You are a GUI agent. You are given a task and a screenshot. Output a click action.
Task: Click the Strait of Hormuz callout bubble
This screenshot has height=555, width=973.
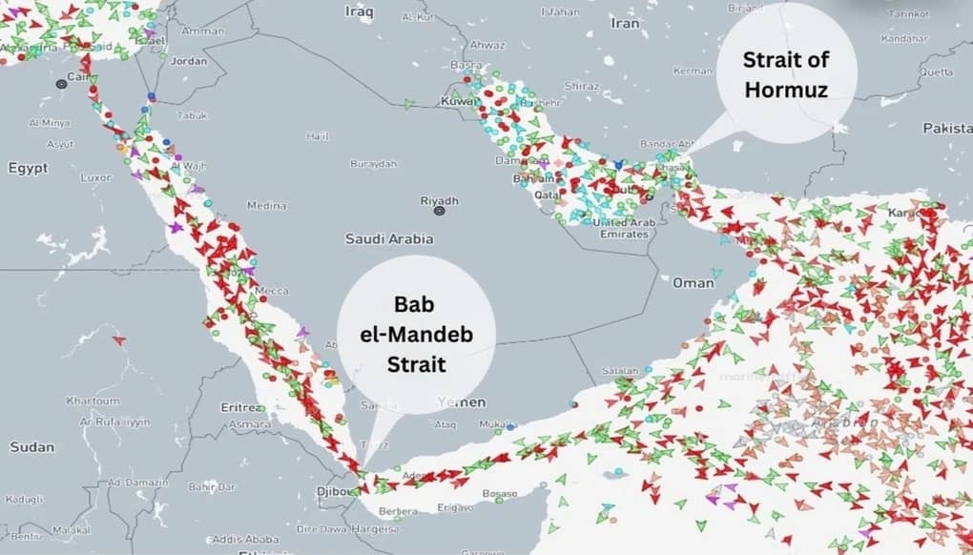coord(786,72)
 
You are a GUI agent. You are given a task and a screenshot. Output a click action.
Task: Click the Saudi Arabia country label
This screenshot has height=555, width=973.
coord(389,239)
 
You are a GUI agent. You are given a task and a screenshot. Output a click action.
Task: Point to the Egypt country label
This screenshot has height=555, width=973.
coord(28,168)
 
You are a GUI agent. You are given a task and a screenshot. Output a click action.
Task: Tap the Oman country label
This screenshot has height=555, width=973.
coord(693,283)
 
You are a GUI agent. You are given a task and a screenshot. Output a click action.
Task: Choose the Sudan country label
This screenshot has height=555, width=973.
coord(31,446)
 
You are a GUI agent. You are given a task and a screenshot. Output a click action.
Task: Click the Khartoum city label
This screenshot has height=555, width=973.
coord(93,401)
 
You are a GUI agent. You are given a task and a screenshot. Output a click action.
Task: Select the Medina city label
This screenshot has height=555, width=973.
coord(266,205)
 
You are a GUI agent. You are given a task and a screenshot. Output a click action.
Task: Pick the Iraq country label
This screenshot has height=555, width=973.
coord(359,10)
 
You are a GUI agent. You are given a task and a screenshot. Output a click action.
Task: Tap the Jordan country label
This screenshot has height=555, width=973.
coord(188,61)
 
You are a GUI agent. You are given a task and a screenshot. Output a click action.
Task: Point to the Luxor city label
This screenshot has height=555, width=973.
coord(95,177)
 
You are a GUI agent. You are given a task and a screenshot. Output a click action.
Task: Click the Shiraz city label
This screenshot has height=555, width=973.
coord(580,85)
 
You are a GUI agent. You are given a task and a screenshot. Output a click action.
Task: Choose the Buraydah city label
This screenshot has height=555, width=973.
coord(373,164)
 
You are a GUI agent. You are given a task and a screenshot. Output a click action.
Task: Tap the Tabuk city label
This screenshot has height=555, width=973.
coord(192,115)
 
